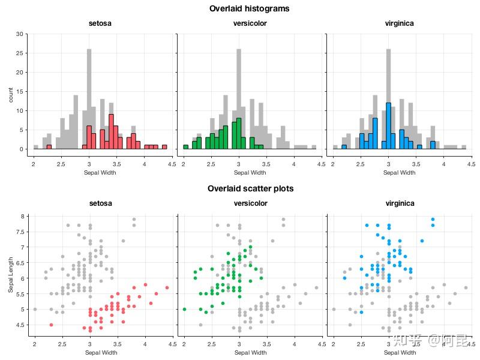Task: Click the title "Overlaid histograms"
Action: [x=249, y=9]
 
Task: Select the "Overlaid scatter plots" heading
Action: [x=250, y=188]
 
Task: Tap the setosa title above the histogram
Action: [x=100, y=24]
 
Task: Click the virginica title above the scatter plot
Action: [x=400, y=203]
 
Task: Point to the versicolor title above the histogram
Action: [x=250, y=24]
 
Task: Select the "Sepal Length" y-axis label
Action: [x=11, y=275]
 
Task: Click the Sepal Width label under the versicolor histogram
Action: [x=250, y=173]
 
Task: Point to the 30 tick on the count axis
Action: [x=19, y=34]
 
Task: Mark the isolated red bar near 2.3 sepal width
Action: [x=49, y=146]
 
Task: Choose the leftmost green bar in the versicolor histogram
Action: [x=185, y=146]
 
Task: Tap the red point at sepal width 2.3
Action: [x=51, y=325]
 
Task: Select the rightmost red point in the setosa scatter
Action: [x=167, y=287]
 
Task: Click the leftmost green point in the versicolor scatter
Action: [x=184, y=309]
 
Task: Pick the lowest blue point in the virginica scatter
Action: [x=361, y=312]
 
